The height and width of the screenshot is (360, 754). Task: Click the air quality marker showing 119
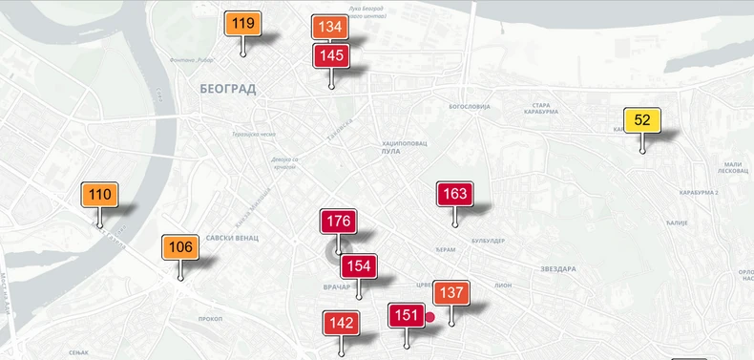[243, 24]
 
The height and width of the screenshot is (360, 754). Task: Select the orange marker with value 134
[329, 28]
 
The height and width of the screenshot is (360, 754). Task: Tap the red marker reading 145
[331, 55]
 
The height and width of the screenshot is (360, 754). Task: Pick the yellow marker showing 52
[642, 120]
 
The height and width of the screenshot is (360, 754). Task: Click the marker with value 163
[455, 194]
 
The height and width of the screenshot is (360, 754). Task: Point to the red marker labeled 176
[339, 222]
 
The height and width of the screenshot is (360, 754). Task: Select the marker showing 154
[359, 266]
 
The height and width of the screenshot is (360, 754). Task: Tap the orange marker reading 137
[451, 292]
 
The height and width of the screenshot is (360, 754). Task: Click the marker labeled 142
[341, 324]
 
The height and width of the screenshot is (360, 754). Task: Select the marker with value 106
[180, 247]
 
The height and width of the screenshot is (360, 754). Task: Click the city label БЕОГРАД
[228, 88]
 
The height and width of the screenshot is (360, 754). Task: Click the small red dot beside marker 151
[430, 317]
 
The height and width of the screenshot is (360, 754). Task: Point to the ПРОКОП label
[210, 318]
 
